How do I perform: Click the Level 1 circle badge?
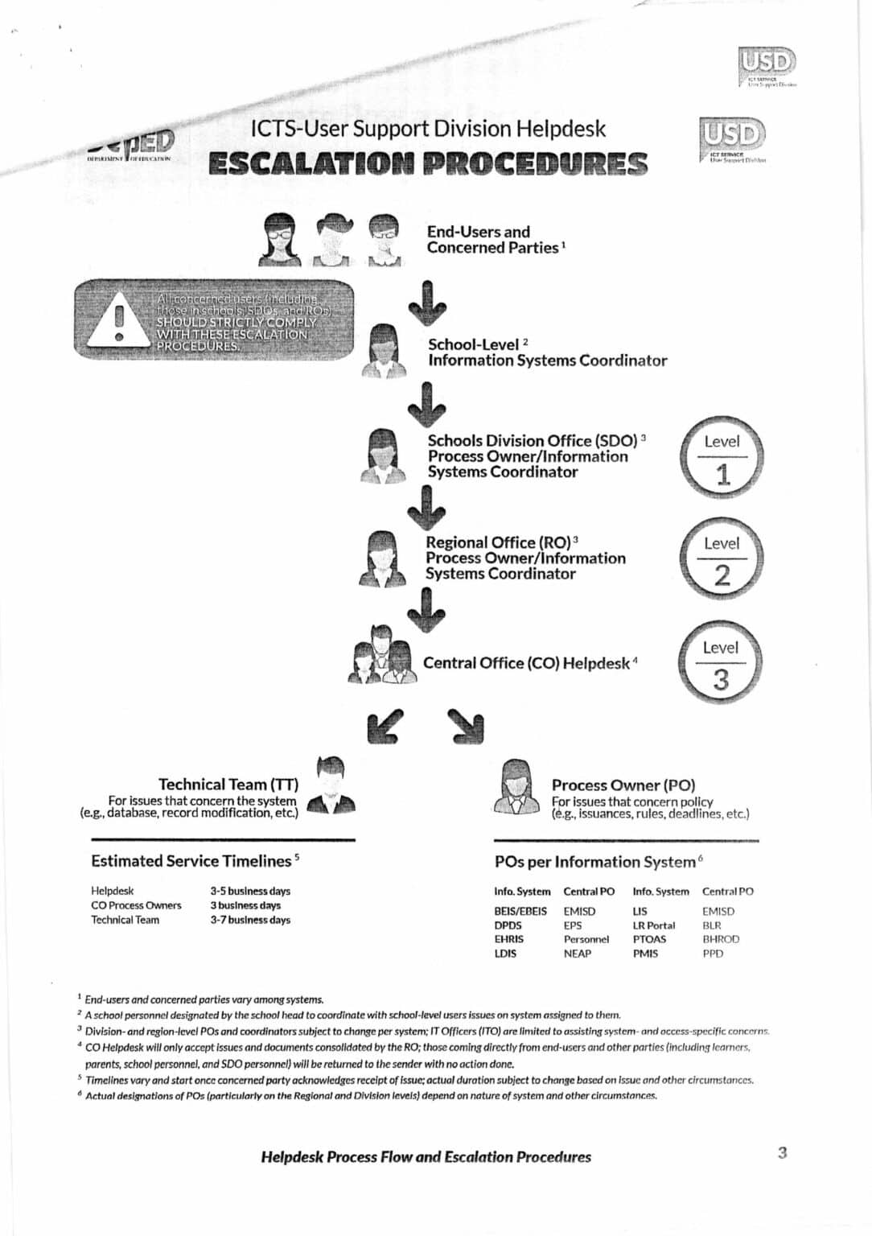pos(722,458)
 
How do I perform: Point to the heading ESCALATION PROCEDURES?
pos(427,163)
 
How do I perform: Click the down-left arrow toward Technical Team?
pos(385,726)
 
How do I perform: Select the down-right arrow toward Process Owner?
pos(466,726)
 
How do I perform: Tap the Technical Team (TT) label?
pos(228,784)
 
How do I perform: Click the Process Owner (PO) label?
pos(623,785)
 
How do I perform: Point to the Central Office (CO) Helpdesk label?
pos(527,663)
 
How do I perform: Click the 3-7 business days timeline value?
pos(250,920)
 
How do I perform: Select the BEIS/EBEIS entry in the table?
pos(520,911)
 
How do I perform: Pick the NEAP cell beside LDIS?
pos(578,954)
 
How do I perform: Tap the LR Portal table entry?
pos(654,925)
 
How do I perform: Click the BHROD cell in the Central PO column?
pos(720,939)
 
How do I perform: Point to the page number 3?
pos(782,1153)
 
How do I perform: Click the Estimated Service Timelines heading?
pos(191,861)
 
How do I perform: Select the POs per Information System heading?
pos(595,862)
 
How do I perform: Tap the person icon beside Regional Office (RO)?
pos(382,558)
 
